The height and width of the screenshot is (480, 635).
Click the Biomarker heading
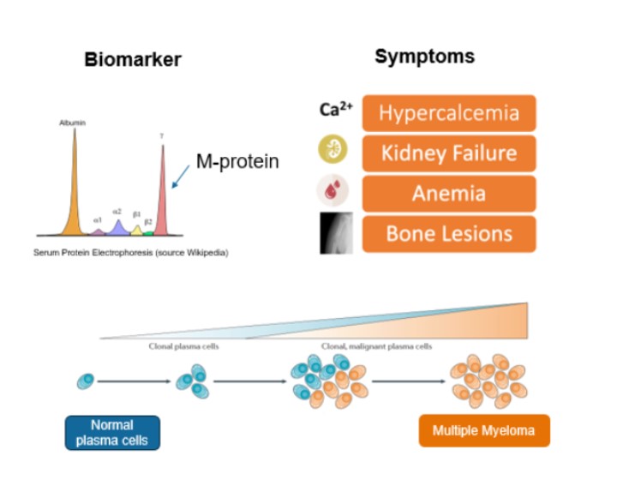tap(133, 60)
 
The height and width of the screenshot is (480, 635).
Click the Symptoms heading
tap(424, 57)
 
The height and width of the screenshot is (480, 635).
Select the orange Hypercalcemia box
tap(449, 113)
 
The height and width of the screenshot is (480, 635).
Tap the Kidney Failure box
tap(449, 153)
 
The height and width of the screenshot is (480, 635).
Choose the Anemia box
tap(449, 194)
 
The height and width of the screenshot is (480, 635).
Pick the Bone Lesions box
tap(449, 234)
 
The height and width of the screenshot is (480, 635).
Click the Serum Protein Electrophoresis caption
tap(131, 253)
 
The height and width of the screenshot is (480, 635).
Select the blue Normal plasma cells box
tap(112, 433)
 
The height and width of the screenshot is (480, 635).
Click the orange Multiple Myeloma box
tap(484, 430)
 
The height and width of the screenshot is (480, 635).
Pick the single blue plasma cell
tap(86, 381)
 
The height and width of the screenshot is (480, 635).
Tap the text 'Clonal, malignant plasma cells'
tap(376, 347)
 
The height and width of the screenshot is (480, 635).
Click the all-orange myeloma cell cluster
tap(488, 381)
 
